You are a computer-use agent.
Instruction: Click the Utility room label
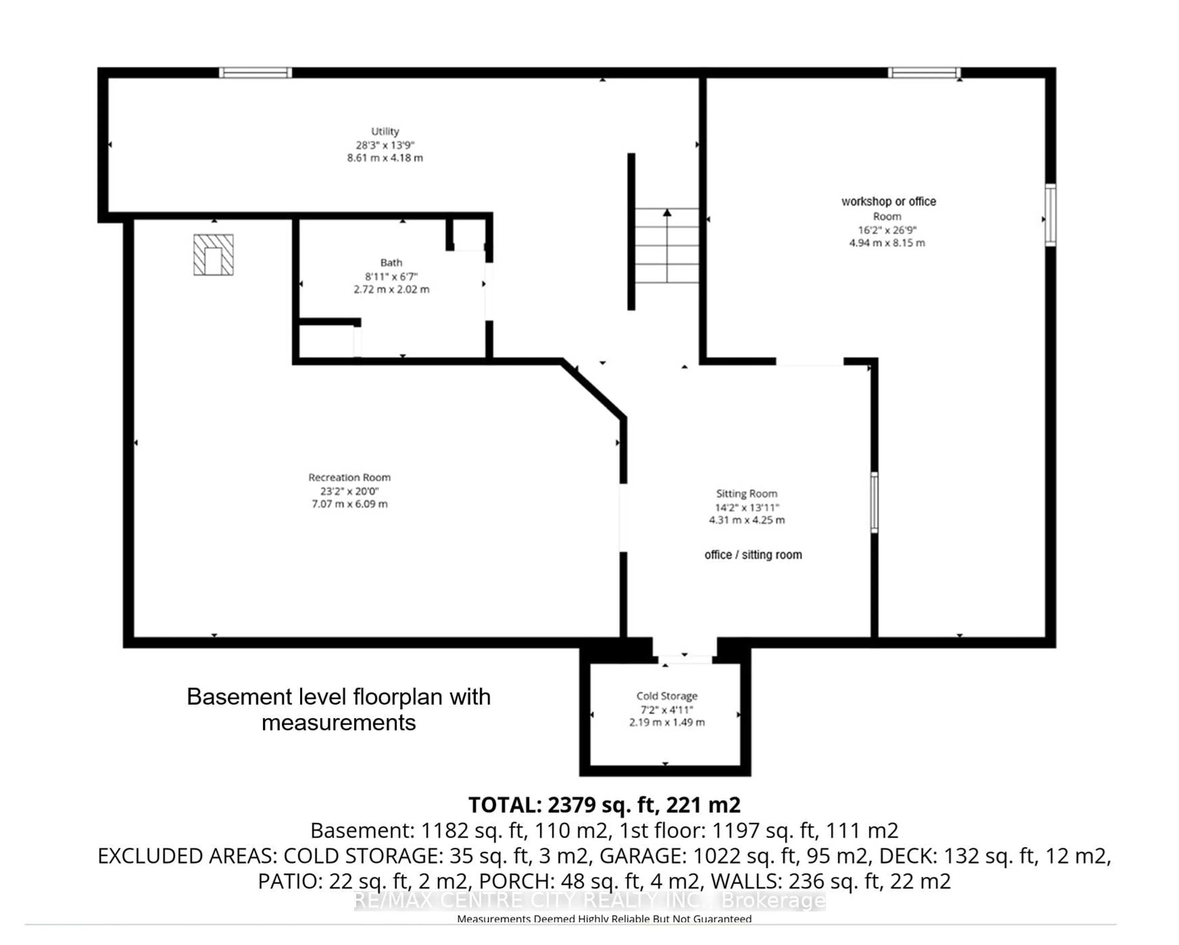click(x=385, y=131)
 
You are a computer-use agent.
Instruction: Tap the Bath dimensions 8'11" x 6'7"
click(x=391, y=276)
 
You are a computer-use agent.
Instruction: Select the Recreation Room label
click(x=349, y=477)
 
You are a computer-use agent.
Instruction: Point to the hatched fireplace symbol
click(x=213, y=254)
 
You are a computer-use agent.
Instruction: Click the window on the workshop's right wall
click(x=1050, y=215)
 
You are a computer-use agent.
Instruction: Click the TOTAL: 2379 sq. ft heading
click(x=604, y=805)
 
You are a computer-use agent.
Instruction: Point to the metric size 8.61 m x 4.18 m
click(x=385, y=158)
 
